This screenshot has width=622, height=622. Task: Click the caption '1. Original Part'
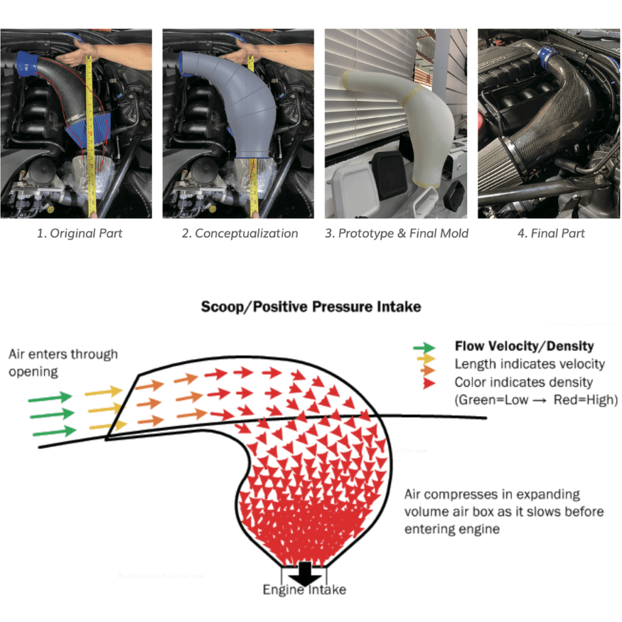pos(80,233)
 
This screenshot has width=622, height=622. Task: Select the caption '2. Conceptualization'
pos(240,233)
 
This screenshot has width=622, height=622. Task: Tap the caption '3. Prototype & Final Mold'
pos(397,233)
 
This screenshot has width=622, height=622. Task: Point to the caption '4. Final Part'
pos(551,233)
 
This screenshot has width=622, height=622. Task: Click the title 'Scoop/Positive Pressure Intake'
pos(311,306)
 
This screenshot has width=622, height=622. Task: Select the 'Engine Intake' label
pos(304,590)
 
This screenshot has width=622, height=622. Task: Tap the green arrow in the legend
pos(424,348)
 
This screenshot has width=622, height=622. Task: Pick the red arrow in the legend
pos(429,383)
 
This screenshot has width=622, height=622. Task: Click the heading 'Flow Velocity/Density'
pos(525,346)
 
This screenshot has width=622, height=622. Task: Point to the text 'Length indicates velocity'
pos(530,364)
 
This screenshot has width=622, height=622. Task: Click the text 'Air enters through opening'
pos(63,363)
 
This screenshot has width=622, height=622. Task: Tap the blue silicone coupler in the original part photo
pos(26,65)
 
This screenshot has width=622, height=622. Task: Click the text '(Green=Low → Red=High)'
pos(536,400)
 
